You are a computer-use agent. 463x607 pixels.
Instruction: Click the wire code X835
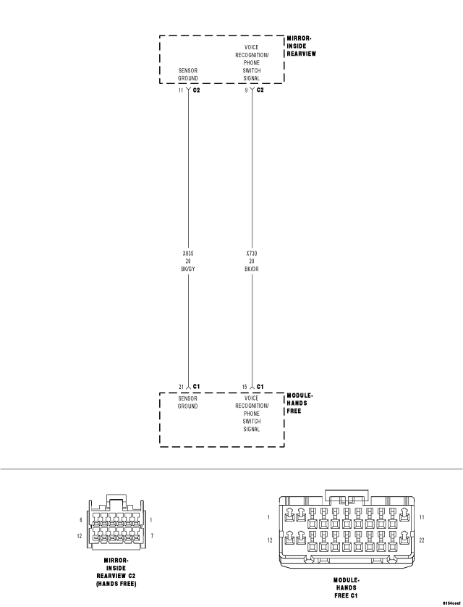point(188,254)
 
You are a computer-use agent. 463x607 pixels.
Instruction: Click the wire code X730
point(252,254)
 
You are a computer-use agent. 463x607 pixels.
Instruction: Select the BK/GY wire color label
point(188,268)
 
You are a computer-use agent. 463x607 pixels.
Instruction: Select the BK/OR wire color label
point(252,268)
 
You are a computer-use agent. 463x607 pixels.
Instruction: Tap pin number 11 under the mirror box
point(180,91)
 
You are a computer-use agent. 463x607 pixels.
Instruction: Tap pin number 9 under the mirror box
point(245,91)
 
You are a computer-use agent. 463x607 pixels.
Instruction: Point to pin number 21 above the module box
point(181,387)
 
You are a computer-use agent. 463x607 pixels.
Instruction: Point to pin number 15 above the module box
point(245,387)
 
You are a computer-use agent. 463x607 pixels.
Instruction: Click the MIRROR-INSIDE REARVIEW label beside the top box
point(302,46)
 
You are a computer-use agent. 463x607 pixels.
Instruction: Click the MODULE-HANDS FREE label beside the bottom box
point(301,403)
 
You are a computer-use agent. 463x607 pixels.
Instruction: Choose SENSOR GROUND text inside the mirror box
point(188,75)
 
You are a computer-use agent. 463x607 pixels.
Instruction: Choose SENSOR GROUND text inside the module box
point(188,402)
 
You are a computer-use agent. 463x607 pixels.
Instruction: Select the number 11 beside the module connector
point(421,516)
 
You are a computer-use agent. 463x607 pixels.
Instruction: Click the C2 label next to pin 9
point(260,91)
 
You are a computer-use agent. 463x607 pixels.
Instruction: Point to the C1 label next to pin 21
point(196,387)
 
